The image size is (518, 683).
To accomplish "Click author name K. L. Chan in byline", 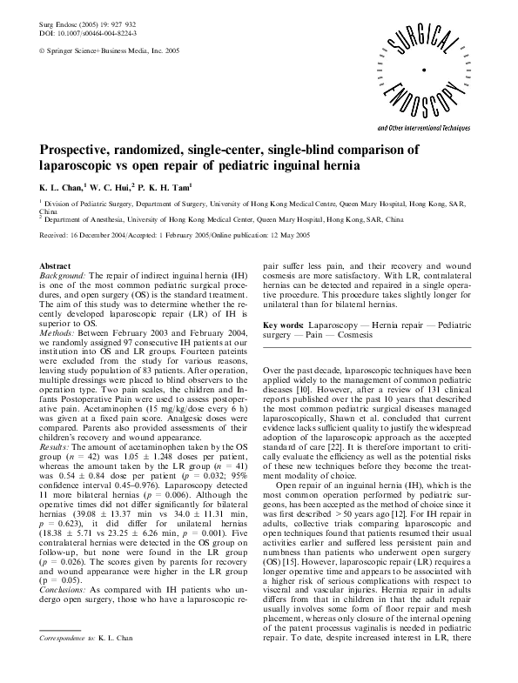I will [x=61, y=186].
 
